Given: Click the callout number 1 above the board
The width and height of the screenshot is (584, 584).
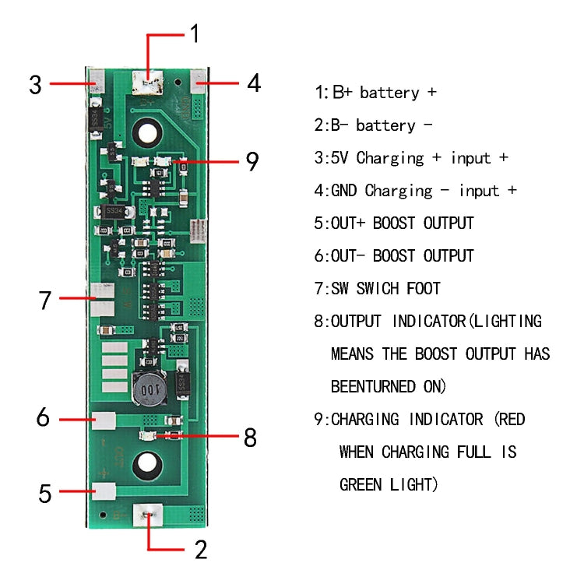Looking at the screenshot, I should point(195,33).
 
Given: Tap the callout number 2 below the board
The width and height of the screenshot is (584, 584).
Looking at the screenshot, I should point(200,550).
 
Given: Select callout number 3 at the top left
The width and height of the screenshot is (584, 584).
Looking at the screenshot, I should point(35,84).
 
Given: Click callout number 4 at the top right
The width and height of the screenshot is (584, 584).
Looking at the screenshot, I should point(254,84).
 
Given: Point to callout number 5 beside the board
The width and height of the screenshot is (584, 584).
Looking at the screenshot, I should point(45,493).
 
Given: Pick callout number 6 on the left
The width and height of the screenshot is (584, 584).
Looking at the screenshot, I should point(44,417).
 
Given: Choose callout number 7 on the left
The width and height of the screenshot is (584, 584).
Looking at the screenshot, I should point(45,300).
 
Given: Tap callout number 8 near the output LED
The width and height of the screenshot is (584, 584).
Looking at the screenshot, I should point(250,438).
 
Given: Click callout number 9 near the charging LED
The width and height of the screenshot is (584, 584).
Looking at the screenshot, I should point(252,161).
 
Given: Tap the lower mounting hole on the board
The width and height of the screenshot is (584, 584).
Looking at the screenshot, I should point(146,466).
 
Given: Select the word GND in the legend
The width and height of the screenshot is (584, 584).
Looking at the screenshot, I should point(347,191).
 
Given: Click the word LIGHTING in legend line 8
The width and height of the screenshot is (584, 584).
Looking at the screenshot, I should point(506,321).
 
